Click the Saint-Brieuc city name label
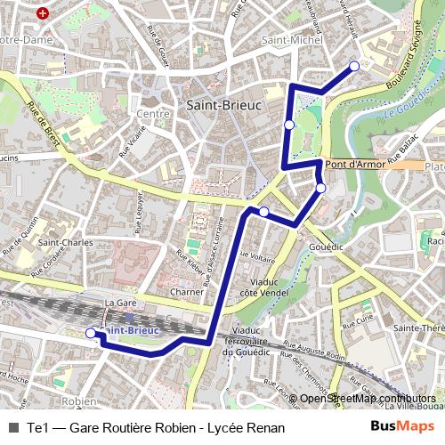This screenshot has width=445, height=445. pos(224,104)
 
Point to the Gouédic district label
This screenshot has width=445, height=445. pos(326,245)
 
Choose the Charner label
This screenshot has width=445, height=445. pos(187,291)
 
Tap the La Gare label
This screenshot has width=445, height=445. pos(119,303)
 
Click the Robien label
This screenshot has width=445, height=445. pos(80,401)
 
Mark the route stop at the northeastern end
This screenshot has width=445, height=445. pos(353,66)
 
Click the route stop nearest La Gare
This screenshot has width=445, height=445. pos(90,333)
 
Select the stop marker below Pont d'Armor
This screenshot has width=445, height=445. pos(320,188)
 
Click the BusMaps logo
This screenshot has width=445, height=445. pos(402,427)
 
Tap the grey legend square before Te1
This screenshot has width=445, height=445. pos(12,428)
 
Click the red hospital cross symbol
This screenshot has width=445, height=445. pos(43,14)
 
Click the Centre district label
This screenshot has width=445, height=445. pos(152,113)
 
